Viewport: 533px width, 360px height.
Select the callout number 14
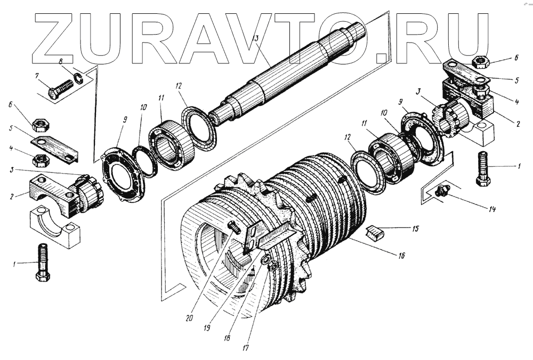tap(492, 209)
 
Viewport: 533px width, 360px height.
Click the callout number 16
tap(400, 256)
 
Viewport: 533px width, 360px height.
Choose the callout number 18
tap(228, 338)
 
